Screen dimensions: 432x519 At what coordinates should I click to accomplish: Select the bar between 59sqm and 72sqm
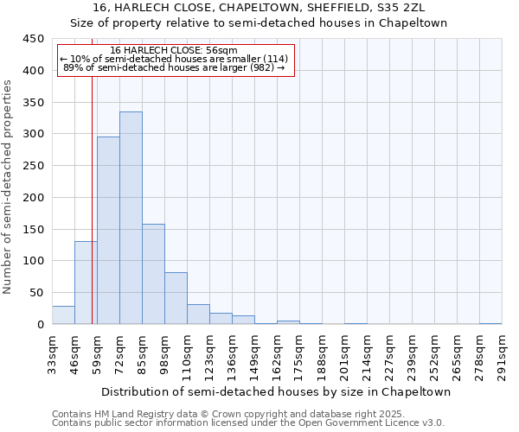point(108,231)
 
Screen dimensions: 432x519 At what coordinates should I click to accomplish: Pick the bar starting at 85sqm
point(153,274)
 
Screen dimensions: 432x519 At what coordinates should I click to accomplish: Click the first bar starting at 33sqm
point(63,315)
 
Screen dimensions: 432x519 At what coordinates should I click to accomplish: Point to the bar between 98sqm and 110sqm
point(176,298)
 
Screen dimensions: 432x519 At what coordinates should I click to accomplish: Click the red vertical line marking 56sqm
point(92,216)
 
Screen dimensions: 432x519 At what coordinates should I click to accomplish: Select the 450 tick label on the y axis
point(34,39)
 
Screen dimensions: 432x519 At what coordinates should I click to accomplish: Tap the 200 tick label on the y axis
point(34,197)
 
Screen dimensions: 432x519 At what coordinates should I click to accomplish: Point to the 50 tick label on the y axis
point(37,293)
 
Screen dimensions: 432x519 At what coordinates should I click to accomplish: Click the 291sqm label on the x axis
point(502,353)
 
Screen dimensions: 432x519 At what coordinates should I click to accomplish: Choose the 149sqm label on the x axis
point(254,353)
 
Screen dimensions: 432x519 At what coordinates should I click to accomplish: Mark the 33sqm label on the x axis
point(52,353)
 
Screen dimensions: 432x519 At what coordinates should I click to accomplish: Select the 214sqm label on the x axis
point(367,353)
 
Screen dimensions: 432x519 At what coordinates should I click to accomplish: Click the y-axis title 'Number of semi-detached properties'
point(9,187)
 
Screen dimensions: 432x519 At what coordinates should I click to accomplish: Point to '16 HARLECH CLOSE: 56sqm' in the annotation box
point(174,51)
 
